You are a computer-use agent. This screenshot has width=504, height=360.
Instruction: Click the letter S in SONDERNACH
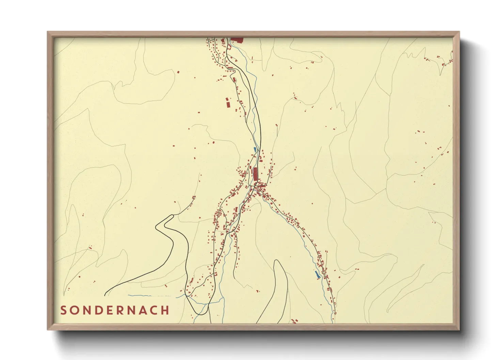pos(64,310)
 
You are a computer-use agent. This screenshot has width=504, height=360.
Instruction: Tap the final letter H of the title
pos(165,310)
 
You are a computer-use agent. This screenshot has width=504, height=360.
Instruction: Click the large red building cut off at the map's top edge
pos(238,40)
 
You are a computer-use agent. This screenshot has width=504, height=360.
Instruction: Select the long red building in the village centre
pos(255,174)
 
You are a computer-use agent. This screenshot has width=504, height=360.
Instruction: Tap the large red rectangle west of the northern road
pos(228,102)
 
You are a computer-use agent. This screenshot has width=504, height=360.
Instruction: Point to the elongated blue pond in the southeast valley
pos(318,275)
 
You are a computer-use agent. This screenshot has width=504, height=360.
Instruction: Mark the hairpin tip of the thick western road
pos(157,226)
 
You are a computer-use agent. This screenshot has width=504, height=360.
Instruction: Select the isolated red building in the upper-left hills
pos(178,72)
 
